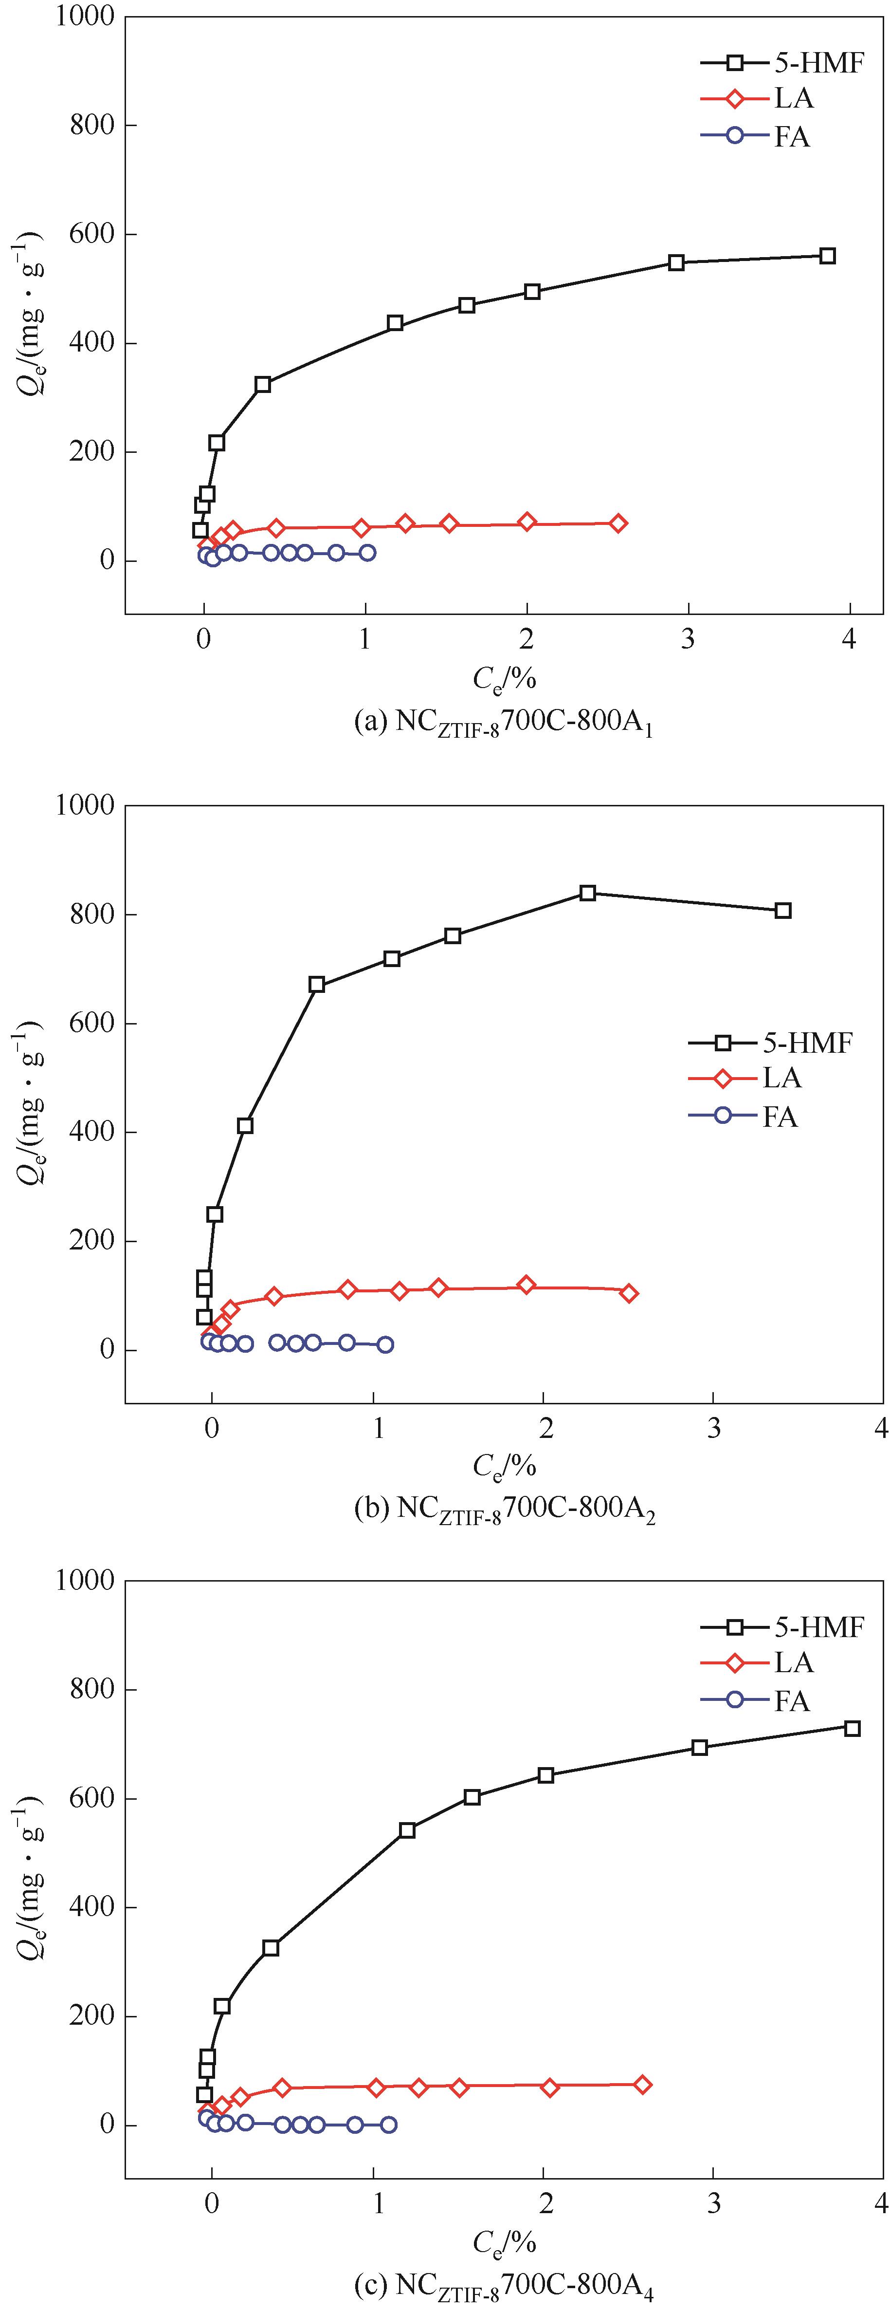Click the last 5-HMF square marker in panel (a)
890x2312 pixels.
(x=827, y=256)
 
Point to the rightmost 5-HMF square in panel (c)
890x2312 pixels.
(x=853, y=1728)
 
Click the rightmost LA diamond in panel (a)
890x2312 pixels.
(x=618, y=523)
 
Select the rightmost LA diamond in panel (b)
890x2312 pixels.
(x=629, y=1293)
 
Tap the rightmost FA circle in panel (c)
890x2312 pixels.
(x=388, y=2125)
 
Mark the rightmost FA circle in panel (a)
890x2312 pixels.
(x=367, y=553)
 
